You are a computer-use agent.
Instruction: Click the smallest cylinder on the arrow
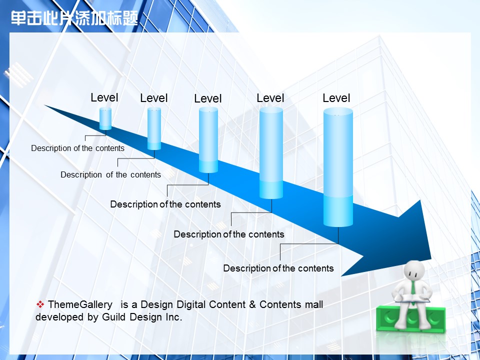(105, 118)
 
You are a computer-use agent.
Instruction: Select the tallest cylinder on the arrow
(338, 167)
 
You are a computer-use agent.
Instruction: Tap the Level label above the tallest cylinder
(336, 98)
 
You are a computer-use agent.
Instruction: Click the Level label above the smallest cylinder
(104, 97)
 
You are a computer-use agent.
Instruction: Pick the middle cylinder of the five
(208, 140)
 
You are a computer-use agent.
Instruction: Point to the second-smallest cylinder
(154, 128)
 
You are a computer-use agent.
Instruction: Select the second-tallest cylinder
(271, 153)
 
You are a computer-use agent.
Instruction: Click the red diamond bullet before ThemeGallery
(40, 304)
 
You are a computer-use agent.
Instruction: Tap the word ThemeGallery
(80, 304)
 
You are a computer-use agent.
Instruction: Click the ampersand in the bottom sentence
(252, 304)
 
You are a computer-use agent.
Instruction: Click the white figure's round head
(414, 270)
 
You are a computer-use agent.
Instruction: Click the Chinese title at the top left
(74, 18)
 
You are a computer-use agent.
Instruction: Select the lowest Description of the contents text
(278, 268)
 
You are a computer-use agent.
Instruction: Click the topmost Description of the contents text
(78, 148)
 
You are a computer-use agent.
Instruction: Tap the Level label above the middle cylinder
(208, 98)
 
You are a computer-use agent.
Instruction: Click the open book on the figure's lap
(412, 298)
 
